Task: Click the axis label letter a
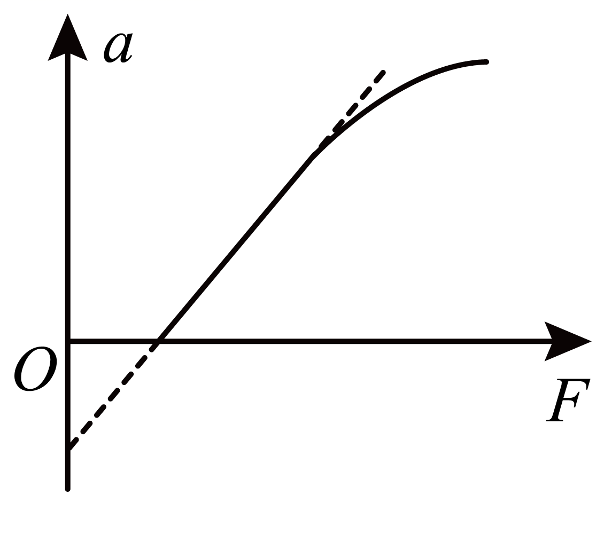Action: [x=118, y=48]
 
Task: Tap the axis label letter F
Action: [x=568, y=400]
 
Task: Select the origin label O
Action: [x=35, y=368]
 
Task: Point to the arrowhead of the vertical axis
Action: [x=67, y=38]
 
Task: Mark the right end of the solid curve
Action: [x=487, y=62]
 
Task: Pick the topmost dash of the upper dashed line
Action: [x=379, y=77]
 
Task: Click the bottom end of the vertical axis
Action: [x=67, y=490]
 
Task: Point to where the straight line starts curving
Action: [x=313, y=157]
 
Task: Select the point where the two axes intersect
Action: [x=68, y=341]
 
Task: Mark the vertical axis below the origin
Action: [x=67, y=415]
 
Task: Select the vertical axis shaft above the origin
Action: [x=67, y=197]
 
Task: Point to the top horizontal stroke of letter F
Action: [x=574, y=381]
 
